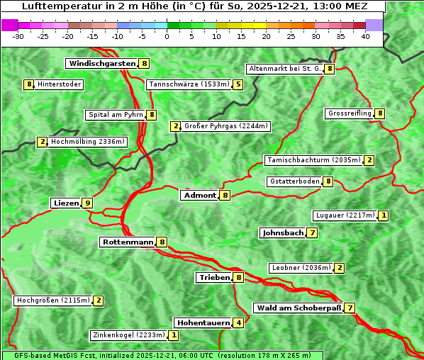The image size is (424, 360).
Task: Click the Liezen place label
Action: pyautogui.click(x=66, y=203)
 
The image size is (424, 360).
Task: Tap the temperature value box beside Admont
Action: pyautogui.click(x=225, y=196)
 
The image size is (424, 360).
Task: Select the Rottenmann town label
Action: pyautogui.click(x=128, y=242)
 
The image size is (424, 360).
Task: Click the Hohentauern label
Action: pyautogui.click(x=203, y=323)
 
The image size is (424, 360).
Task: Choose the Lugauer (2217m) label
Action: pyautogui.click(x=345, y=215)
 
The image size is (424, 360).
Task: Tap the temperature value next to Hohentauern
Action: pyautogui.click(x=238, y=323)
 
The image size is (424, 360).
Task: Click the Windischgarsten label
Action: pyautogui.click(x=101, y=64)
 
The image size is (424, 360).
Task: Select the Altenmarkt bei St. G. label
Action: pyautogui.click(x=284, y=69)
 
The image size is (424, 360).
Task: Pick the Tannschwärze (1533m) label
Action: pyautogui.click(x=189, y=85)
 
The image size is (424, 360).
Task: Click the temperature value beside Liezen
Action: pyautogui.click(x=87, y=203)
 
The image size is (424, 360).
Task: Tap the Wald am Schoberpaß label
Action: pyautogui.click(x=299, y=308)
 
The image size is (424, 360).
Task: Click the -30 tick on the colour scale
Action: pyautogui.click(x=18, y=36)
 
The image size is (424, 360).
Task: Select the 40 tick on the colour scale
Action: pyautogui.click(x=365, y=36)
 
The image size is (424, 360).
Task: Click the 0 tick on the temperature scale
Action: pyautogui.click(x=167, y=36)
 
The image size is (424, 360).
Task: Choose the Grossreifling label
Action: pyautogui.click(x=350, y=113)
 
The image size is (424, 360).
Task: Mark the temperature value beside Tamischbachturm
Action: pyautogui.click(x=369, y=160)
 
